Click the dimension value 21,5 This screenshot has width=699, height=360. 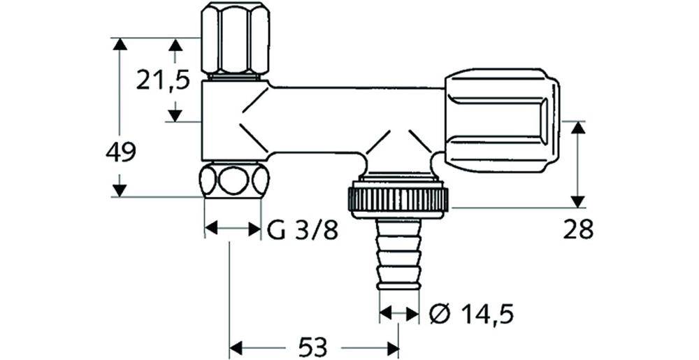[x=163, y=80]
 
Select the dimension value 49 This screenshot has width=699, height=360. [x=121, y=153]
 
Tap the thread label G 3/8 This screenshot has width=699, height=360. [x=303, y=231]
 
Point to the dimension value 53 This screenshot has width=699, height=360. [x=312, y=347]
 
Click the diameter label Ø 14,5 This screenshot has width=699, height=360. [x=471, y=315]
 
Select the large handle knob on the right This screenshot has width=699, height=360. [x=502, y=120]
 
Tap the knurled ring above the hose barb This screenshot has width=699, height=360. [x=398, y=199]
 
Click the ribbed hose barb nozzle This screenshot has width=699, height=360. [x=399, y=254]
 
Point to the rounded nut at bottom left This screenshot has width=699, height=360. [x=233, y=180]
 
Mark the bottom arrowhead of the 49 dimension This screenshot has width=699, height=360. [x=119, y=191]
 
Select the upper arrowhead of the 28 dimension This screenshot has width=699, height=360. [x=578, y=127]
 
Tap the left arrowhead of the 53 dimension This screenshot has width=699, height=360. [x=236, y=347]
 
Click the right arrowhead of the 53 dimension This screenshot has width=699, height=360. [x=393, y=347]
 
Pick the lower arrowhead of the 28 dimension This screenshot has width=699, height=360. [x=578, y=201]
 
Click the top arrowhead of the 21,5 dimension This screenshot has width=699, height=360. [x=175, y=44]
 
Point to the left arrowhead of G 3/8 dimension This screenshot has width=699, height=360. [x=211, y=229]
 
